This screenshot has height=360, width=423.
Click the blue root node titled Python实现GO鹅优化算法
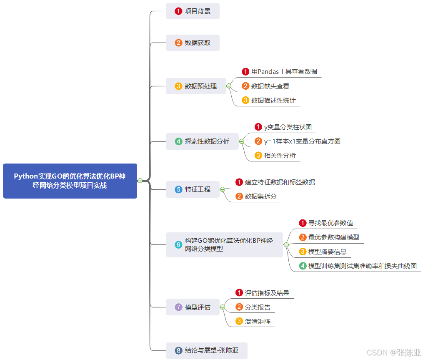(x=70, y=181)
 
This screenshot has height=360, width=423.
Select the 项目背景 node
(x=193, y=11)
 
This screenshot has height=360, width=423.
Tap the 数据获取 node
(x=193, y=43)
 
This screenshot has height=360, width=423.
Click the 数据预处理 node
(x=196, y=86)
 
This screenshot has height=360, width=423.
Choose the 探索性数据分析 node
(x=202, y=141)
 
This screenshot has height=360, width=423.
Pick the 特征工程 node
(x=193, y=189)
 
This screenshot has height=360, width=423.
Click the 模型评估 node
(x=193, y=307)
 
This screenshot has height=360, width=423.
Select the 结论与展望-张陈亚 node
(x=207, y=350)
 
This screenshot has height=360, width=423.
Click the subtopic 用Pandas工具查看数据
(x=284, y=72)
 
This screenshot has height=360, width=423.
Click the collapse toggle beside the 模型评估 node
(x=223, y=307)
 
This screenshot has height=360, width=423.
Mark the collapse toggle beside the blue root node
(x=140, y=181)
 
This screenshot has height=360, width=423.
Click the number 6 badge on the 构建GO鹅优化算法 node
(x=178, y=245)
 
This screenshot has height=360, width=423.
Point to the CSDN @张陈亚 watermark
(x=394, y=352)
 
